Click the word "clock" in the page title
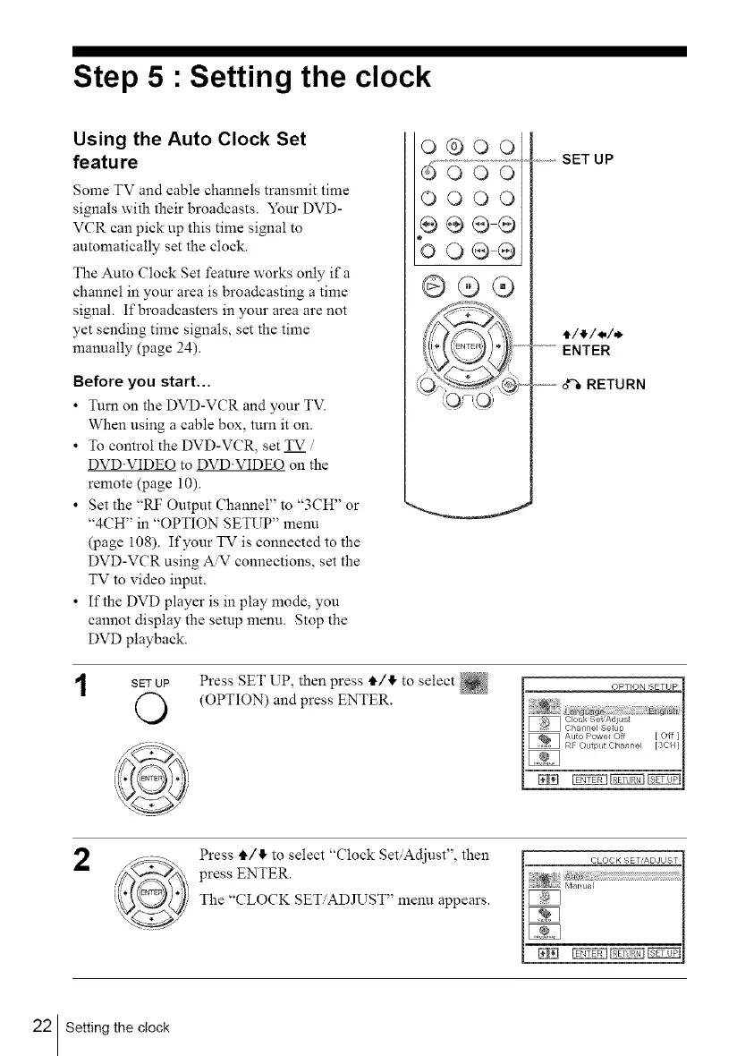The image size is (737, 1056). coord(377,78)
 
